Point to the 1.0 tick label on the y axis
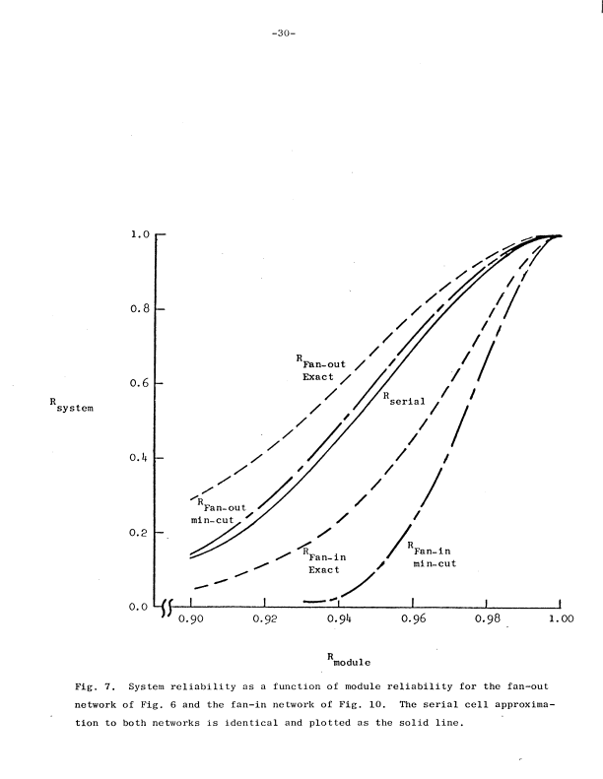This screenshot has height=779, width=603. pos(139,235)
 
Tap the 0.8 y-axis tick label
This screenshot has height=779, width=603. pos(139,310)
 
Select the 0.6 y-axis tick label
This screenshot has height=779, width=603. pos(139,384)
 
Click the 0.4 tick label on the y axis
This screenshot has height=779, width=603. pos(139,459)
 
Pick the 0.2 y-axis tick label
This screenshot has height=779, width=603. pos(139,533)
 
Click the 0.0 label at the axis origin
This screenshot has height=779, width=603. pos(139,608)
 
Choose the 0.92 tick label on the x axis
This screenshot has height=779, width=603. pos(264,620)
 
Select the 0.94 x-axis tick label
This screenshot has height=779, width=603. pos(338,620)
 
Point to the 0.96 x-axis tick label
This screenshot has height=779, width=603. pos(413,620)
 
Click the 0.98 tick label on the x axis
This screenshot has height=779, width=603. pos(487,620)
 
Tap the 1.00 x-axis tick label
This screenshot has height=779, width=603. pos(561,620)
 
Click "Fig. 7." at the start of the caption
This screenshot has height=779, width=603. pos(94,683)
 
